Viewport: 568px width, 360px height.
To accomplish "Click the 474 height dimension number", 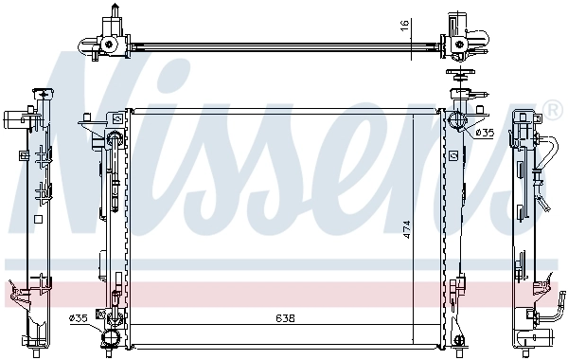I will coord(408,230).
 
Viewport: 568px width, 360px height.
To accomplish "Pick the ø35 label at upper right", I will coord(484,133).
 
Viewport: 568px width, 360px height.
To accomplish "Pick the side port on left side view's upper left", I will coord(13,120).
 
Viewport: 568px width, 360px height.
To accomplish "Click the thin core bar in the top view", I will coord(284,44).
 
